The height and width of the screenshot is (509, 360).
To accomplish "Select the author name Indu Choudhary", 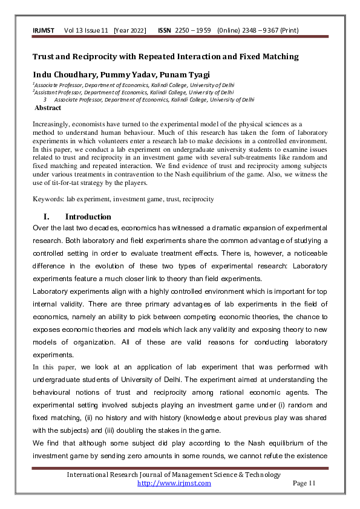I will tap(62, 74).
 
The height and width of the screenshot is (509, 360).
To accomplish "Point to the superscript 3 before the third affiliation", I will tap(45, 100).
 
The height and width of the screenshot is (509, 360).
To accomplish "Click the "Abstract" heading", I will tap(48, 108).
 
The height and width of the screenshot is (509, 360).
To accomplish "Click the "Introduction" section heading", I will tap(88, 216).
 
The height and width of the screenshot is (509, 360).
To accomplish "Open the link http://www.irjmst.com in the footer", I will tap(174, 483).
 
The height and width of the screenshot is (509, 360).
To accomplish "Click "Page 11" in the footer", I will tap(304, 483).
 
